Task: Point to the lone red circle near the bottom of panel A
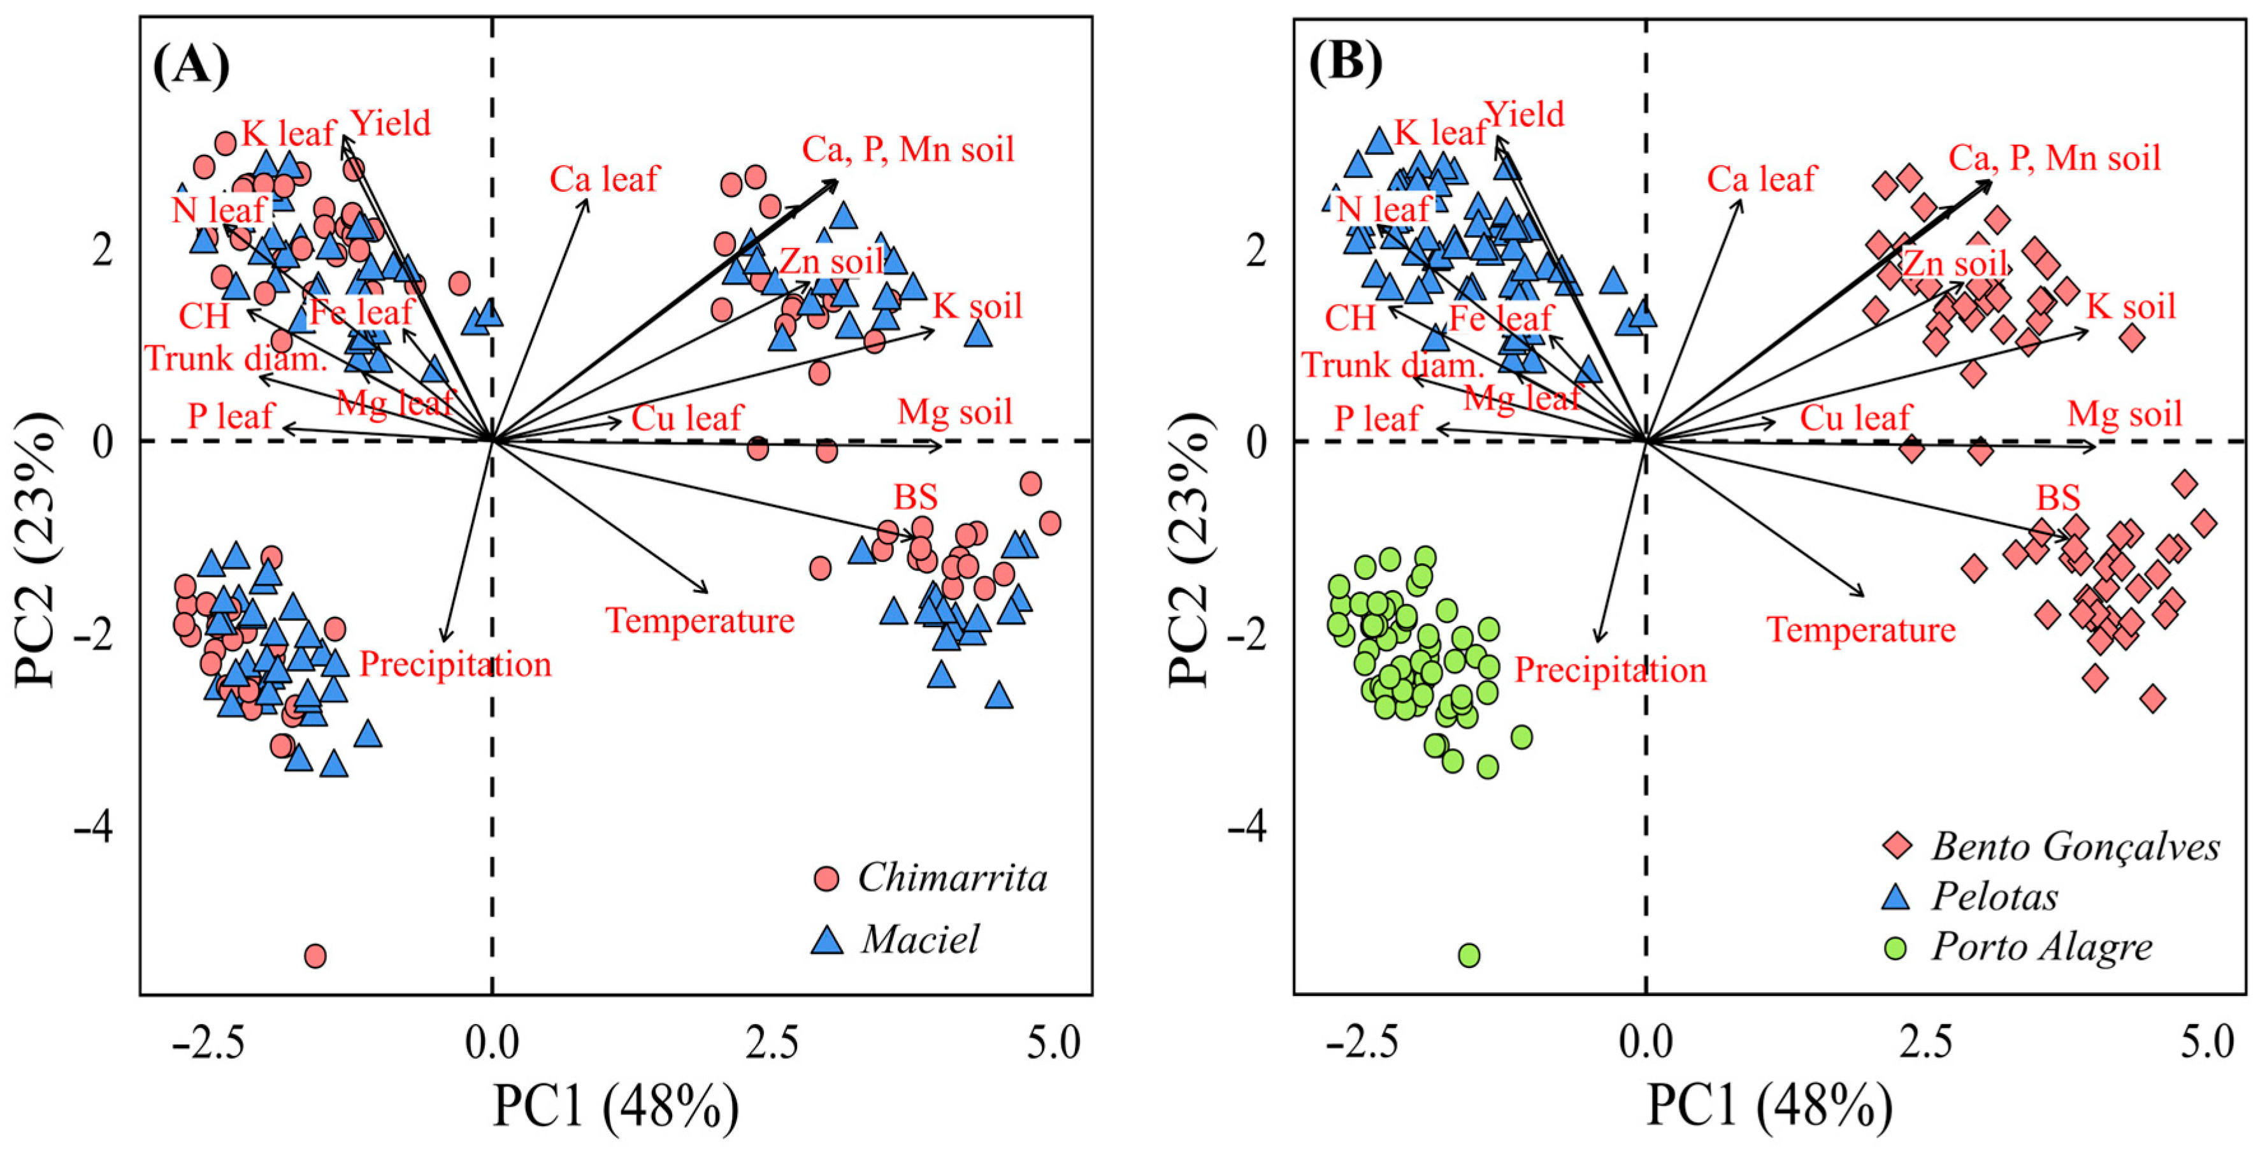tap(315, 955)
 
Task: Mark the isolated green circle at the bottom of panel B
tap(1469, 955)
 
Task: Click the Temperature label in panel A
tap(700, 621)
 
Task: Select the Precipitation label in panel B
tap(1610, 670)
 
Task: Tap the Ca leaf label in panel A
tap(604, 180)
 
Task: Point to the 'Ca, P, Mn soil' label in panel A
tap(907, 150)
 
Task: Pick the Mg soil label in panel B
tap(2124, 414)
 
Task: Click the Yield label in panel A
tap(391, 124)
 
